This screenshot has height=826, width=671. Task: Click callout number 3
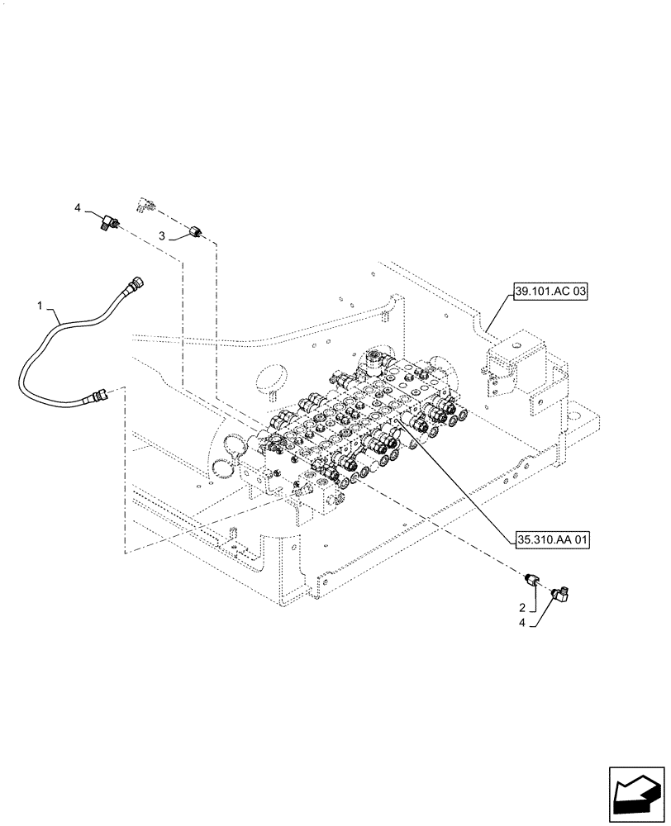[x=164, y=236]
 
